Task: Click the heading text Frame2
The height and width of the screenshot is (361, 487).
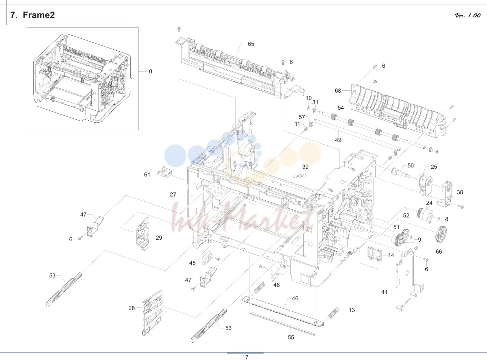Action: [x=39, y=15]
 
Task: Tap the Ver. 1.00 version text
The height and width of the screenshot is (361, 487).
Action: [x=467, y=15]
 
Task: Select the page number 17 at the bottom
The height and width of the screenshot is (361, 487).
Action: [x=245, y=357]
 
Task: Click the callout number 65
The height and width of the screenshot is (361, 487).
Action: [x=251, y=44]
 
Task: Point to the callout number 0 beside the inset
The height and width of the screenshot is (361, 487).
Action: [x=150, y=71]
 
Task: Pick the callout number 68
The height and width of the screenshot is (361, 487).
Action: [x=338, y=90]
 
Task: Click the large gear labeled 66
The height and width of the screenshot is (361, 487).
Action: [x=441, y=234]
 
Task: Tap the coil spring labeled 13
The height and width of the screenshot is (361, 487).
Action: [x=333, y=313]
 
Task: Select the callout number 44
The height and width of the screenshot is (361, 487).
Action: [x=384, y=292]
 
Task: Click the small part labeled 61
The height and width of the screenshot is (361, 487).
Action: [x=165, y=172]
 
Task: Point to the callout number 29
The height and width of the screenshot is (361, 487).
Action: [x=159, y=237]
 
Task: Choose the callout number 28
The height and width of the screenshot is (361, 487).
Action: [x=132, y=308]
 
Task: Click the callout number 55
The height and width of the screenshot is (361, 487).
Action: [x=291, y=337]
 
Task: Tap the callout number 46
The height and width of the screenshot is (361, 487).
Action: [x=295, y=298]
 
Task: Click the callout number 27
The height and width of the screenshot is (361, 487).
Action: [x=173, y=194]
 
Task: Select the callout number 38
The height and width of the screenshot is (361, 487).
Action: [x=460, y=192]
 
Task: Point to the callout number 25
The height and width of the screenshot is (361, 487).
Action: [x=434, y=167]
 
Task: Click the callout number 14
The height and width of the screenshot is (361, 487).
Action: [x=391, y=255]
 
